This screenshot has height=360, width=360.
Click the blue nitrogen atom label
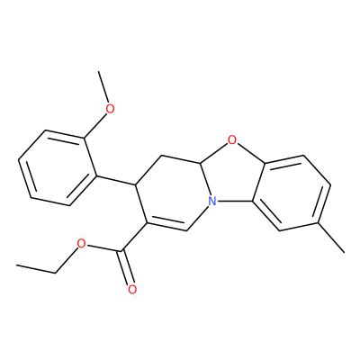tap(212, 201)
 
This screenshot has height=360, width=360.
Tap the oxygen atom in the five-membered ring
tap(231, 139)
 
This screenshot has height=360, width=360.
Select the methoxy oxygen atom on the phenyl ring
tap(111, 109)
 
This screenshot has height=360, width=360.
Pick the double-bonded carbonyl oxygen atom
tap(132, 290)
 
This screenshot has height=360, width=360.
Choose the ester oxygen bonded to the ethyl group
tap(81, 244)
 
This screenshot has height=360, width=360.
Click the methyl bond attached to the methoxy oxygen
tap(103, 86)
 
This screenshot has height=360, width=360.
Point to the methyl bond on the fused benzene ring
tap(331, 238)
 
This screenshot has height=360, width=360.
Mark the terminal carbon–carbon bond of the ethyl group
tap(36, 269)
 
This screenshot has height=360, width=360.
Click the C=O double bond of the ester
tap(127, 266)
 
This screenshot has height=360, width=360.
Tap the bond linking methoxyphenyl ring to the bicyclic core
tap(116, 180)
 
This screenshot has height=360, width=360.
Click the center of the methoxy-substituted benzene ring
tap(58, 168)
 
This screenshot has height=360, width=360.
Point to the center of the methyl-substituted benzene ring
tap(292, 193)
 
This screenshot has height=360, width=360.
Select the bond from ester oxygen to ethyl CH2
tap(67, 260)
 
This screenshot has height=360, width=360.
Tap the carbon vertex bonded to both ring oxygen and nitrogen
tap(200, 163)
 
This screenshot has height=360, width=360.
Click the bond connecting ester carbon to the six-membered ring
tap(134, 237)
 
